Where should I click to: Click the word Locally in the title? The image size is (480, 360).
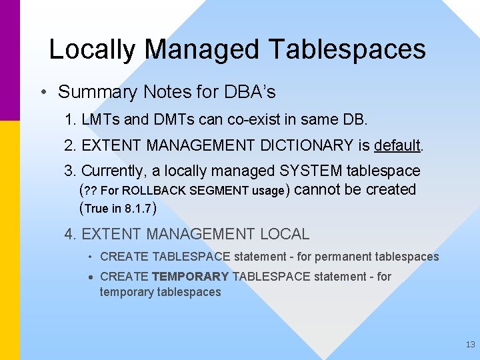tap(93, 50)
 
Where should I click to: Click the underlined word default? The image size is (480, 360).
tap(397, 145)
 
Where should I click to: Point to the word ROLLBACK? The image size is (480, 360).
tap(155, 191)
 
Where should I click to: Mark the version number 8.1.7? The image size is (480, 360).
tap(139, 209)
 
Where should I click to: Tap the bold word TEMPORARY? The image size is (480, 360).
tap(190, 276)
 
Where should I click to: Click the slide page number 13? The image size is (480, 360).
tap(470, 345)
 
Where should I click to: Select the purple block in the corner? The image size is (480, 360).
tap(10, 60)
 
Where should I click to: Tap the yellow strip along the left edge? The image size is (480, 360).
tap(10, 240)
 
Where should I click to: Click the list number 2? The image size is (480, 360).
tap(69, 145)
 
